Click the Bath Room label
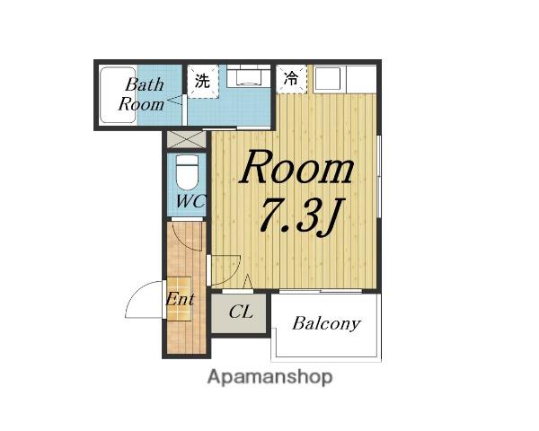coord(141,94)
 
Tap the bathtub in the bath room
coord(118,95)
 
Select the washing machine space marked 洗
coord(203,82)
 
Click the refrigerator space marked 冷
coord(291,79)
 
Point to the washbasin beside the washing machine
coord(249,75)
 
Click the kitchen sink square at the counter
coord(328,79)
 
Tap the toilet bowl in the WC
coord(187,172)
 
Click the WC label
coord(190,201)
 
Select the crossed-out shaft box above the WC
coord(186,139)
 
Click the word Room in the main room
coord(296,167)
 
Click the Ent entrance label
coord(180,299)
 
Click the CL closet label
coord(241,312)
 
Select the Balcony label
coord(326,323)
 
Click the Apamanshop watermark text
coord(269,377)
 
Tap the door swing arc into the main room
coord(233,273)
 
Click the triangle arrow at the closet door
coord(248,281)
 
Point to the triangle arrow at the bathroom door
coord(174,101)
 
